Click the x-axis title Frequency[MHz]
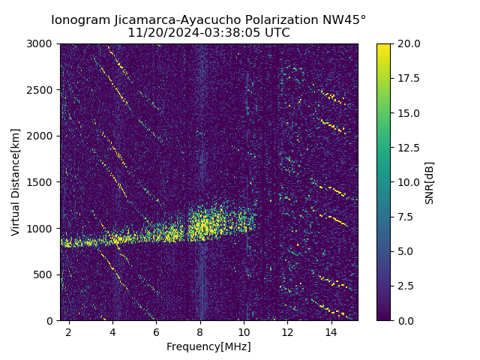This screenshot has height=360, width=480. click(208, 346)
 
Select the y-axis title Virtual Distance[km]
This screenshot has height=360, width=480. click(16, 182)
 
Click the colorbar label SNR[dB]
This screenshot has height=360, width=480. click(430, 182)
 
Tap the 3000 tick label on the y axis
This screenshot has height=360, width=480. click(42, 44)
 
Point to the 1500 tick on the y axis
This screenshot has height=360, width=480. click(42, 182)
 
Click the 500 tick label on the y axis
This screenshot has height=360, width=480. click(45, 274)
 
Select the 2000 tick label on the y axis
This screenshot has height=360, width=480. click(42, 136)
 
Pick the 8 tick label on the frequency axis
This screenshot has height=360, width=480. click(200, 331)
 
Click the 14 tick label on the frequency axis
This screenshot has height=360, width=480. click(331, 331)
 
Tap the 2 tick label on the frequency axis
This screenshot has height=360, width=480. click(69, 331)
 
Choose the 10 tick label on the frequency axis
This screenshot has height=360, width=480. click(244, 331)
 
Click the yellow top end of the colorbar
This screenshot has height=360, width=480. click(383, 46)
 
